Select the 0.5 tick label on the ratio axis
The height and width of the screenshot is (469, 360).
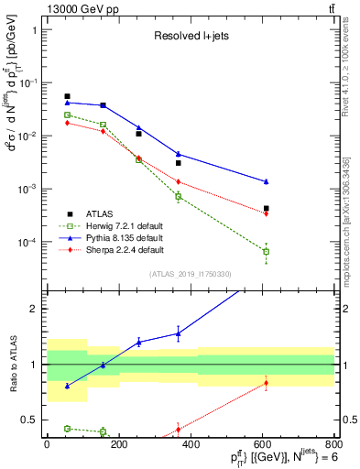tap(33, 420)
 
